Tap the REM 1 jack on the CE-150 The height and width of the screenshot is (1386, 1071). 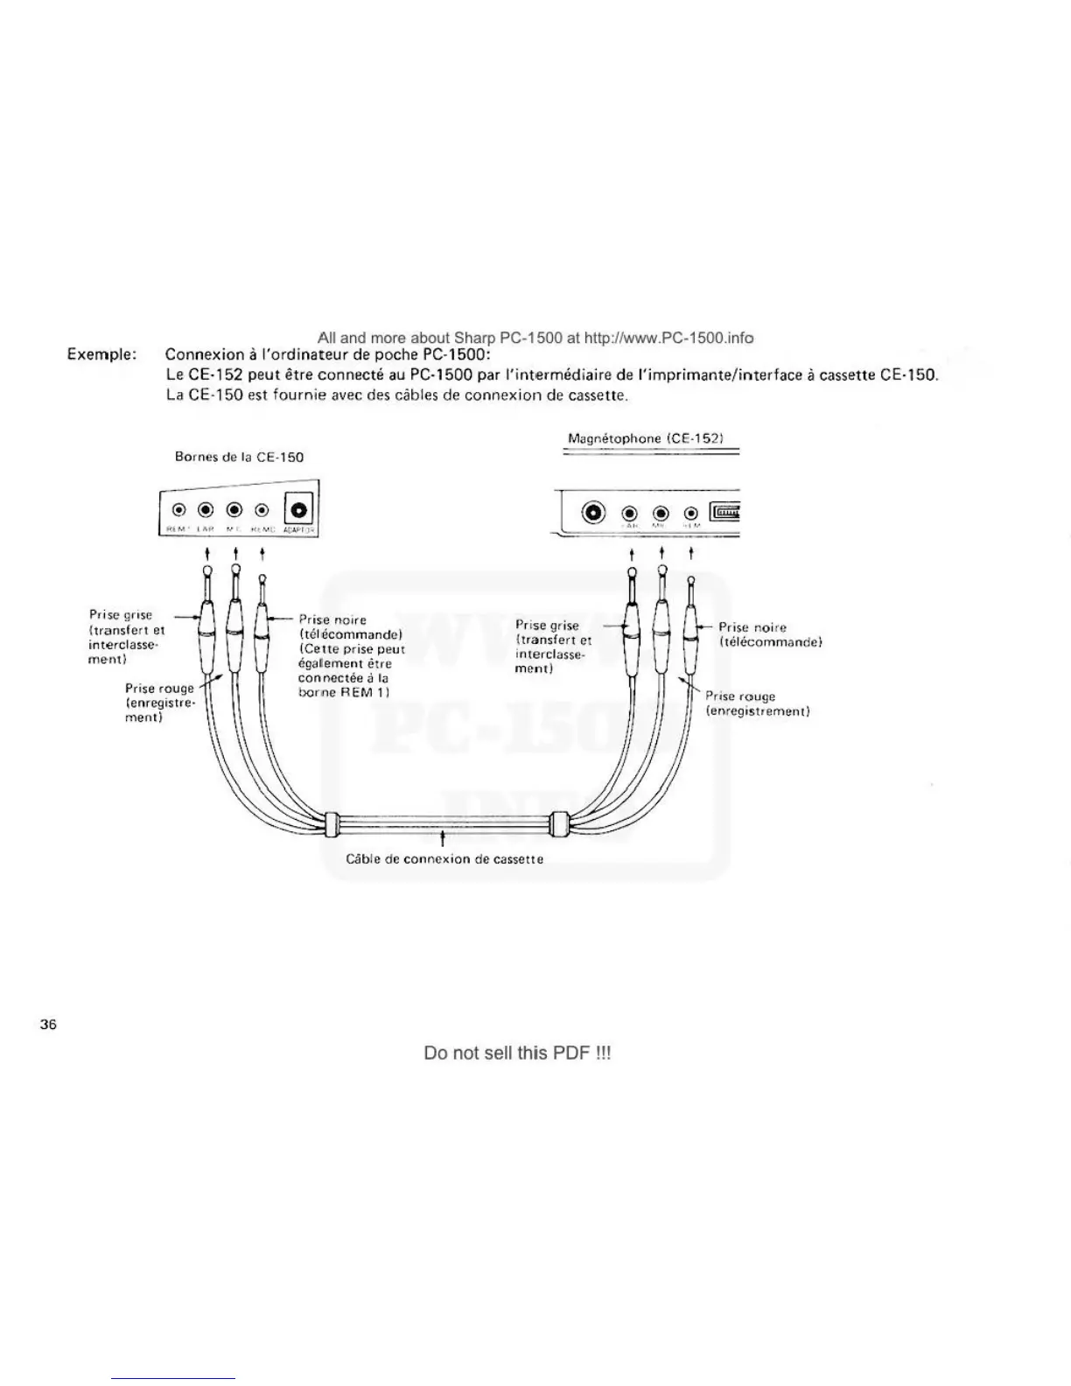pos(178,511)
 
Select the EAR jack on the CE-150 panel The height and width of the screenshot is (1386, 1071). pos(206,511)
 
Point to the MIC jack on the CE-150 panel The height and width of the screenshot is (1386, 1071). pos(234,511)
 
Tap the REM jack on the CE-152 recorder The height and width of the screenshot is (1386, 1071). pos(691,514)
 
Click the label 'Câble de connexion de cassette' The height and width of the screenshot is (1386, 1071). pos(444,859)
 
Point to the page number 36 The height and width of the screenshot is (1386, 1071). pos(48,1025)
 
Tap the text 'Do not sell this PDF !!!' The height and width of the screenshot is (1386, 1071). pos(517,1053)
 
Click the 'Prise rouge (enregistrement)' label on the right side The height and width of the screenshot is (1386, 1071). pos(757,703)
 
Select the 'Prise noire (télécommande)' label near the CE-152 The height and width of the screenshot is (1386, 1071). pos(770,634)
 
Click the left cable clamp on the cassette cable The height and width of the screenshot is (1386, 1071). pos(331,823)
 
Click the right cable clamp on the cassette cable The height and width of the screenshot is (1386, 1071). pos(560,825)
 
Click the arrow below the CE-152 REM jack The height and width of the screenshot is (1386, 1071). pos(691,553)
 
